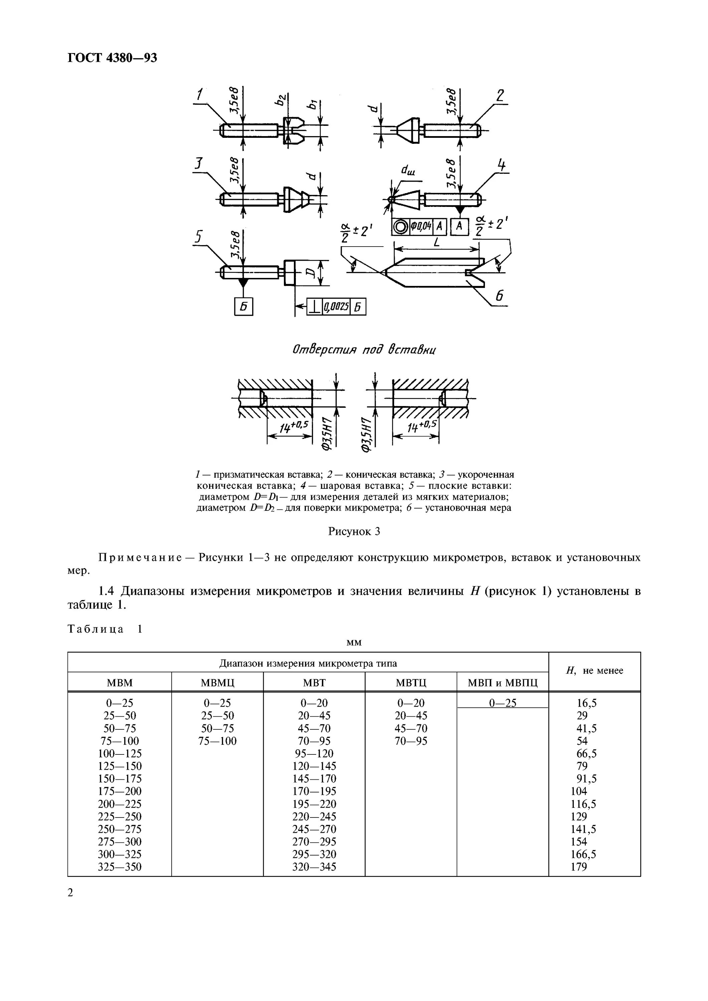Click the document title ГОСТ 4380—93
pyautogui.click(x=112, y=58)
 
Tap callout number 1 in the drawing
pyautogui.click(x=199, y=95)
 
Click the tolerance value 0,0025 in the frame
pyautogui.click(x=336, y=307)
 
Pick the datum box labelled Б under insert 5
pyautogui.click(x=243, y=307)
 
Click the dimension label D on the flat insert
pyautogui.click(x=311, y=273)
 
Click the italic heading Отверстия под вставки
pyautogui.click(x=365, y=350)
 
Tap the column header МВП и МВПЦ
pyautogui.click(x=503, y=683)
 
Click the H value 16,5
pyautogui.click(x=586, y=703)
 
